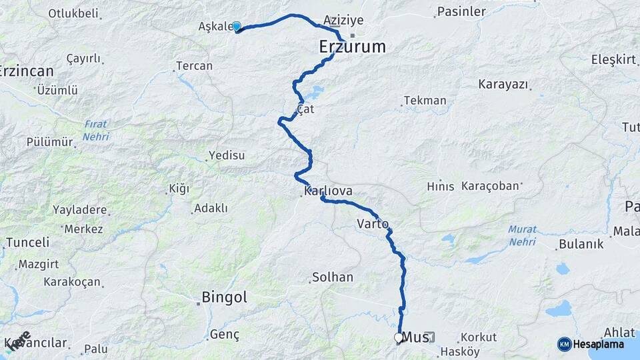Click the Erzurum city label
[x=353, y=47]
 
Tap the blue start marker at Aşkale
[x=236, y=27]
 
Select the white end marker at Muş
[x=399, y=338]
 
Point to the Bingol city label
[x=224, y=297]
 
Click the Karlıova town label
[x=328, y=191]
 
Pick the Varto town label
[x=373, y=223]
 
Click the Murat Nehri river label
[x=522, y=235]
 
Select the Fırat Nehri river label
[x=96, y=130]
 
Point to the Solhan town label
[x=333, y=277]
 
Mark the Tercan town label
[x=194, y=66]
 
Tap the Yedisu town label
[x=227, y=155]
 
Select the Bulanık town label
[x=581, y=244]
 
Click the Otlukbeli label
[x=73, y=13]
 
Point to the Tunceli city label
[x=27, y=242]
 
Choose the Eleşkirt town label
[x=613, y=59]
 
